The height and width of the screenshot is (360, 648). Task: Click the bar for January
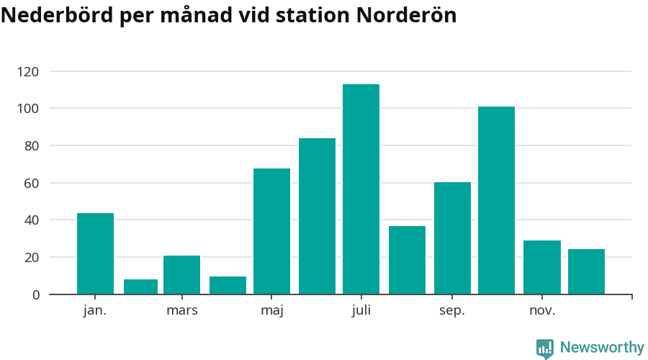point(95,253)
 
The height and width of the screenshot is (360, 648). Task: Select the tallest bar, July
point(361,189)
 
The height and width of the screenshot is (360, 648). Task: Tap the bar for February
point(140,287)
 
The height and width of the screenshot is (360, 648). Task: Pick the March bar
point(181,275)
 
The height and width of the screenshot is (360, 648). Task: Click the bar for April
point(228,285)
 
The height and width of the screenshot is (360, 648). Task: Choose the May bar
point(271,231)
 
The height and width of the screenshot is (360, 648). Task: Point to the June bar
point(317,216)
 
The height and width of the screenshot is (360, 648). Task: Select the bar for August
point(407,260)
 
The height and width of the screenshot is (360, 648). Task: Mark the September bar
point(452,238)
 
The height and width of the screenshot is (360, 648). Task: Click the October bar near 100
point(496,200)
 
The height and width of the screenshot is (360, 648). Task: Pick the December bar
point(586,271)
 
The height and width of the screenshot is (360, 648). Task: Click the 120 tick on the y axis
point(29,71)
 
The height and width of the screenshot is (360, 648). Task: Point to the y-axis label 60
point(32,183)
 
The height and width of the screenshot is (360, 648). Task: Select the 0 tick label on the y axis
point(35,294)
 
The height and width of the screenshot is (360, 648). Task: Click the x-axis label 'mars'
point(181,311)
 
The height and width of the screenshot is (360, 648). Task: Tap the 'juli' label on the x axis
point(361,311)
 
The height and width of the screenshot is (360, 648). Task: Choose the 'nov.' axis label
point(542,311)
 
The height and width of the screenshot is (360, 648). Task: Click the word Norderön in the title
point(406,16)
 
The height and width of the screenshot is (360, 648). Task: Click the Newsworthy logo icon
point(545,348)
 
